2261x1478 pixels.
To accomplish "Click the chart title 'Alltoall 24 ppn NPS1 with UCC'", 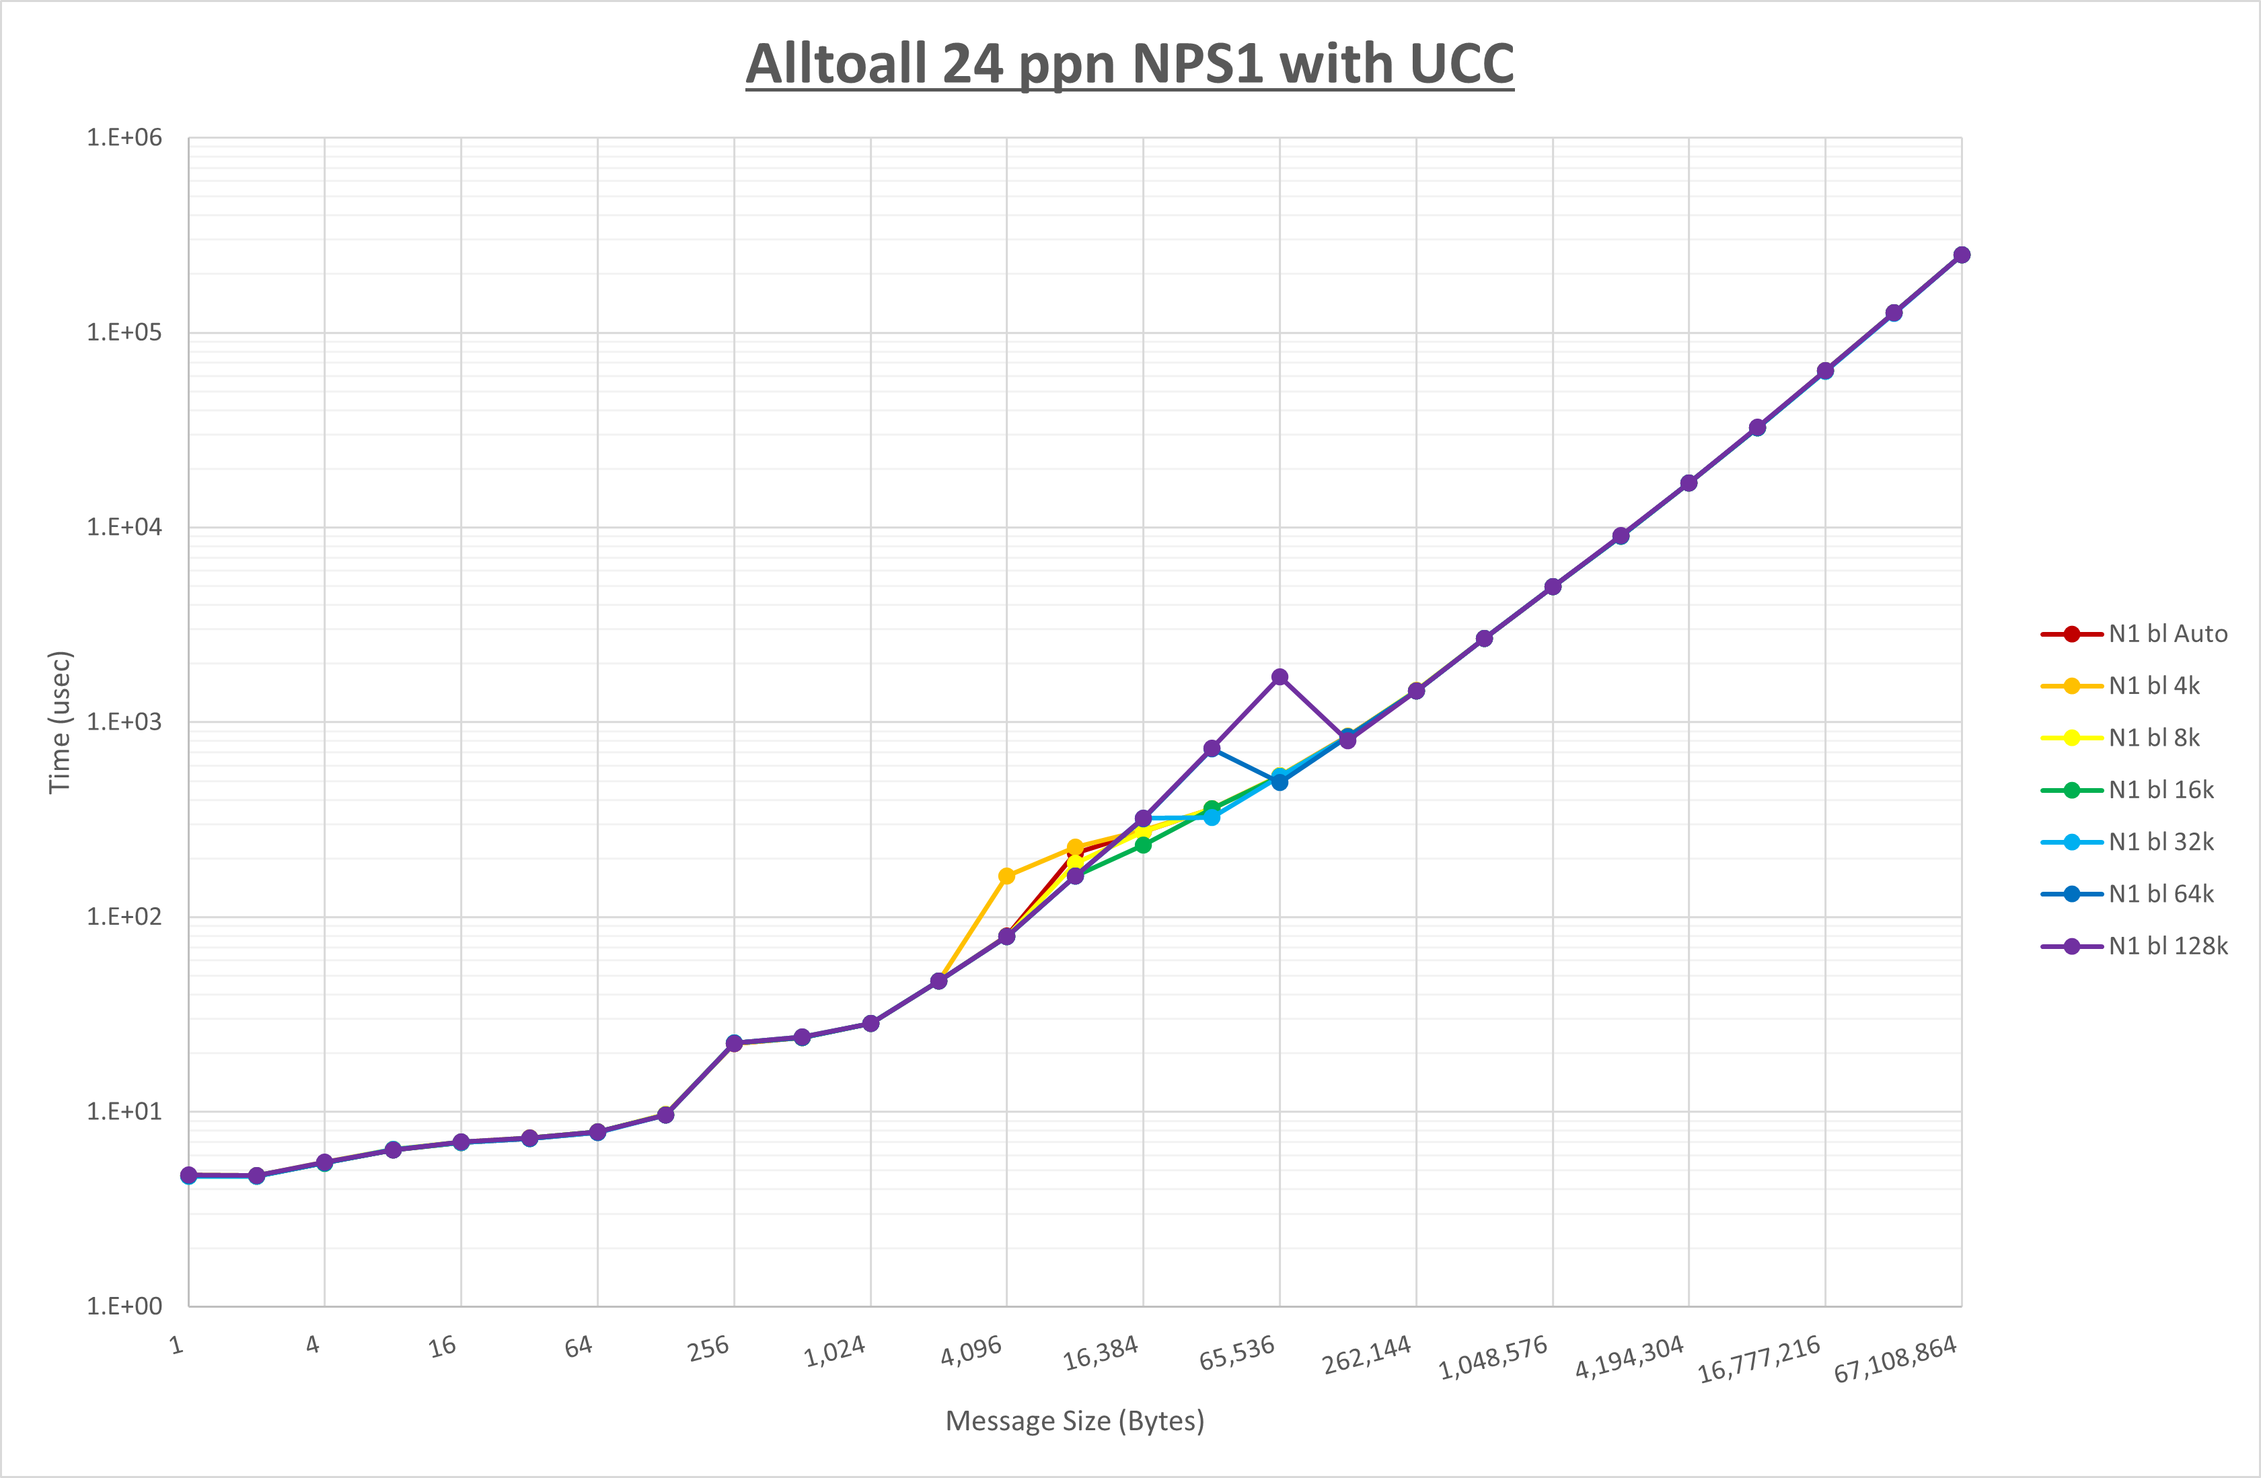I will coord(1129,64).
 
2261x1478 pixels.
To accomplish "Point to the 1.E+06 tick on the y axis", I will coord(124,138).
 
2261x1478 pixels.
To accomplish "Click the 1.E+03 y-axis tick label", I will coord(124,722).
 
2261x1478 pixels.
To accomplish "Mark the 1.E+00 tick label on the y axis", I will coord(124,1306).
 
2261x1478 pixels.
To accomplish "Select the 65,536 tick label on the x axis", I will coord(1237,1351).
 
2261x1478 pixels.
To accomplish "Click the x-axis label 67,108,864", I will coord(1895,1358).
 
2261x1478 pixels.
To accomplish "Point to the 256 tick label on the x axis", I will coord(708,1348).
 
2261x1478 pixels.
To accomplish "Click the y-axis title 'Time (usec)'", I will coord(60,722).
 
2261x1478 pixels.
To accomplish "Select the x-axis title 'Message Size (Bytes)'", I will coord(1074,1421).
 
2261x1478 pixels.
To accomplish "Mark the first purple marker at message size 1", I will coord(189,1175).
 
